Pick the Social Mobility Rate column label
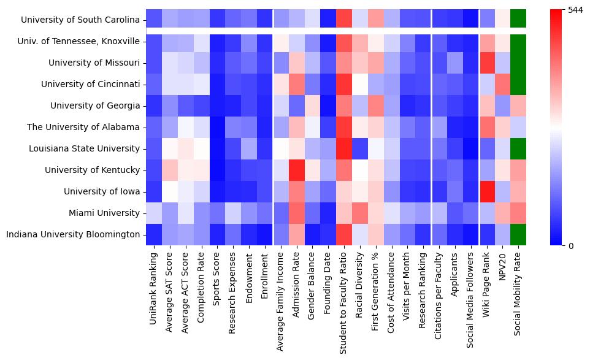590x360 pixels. click(518, 294)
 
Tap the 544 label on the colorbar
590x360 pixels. click(576, 10)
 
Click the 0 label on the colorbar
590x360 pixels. click(571, 246)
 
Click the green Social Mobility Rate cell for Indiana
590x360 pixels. click(518, 234)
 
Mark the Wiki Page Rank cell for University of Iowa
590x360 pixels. click(487, 191)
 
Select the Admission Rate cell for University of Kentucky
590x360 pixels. click(296, 170)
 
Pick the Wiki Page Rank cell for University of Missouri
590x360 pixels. click(487, 63)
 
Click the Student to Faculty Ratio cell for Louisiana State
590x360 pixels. click(344, 148)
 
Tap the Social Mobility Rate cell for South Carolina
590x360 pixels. click(518, 20)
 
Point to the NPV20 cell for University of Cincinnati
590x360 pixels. click(502, 84)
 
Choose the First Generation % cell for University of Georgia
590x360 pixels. click(376, 105)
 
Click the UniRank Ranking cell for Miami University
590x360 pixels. click(154, 213)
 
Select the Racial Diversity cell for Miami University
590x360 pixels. click(360, 213)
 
